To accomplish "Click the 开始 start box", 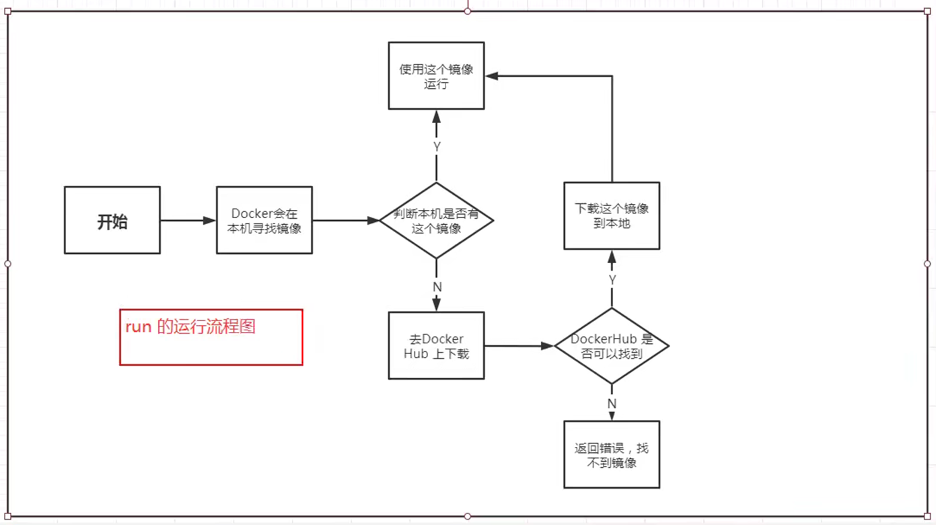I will tap(112, 221).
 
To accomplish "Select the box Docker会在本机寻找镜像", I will tap(264, 221).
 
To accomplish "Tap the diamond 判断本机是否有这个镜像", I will tap(437, 221).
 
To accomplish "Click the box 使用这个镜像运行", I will tap(437, 76).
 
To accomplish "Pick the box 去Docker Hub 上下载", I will tap(437, 346).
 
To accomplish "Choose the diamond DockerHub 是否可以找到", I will tap(612, 346).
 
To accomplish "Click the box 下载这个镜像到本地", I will tap(612, 216).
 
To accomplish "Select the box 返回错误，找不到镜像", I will tap(612, 455).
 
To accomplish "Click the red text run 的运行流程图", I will tap(190, 327).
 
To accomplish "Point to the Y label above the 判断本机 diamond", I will tap(437, 147).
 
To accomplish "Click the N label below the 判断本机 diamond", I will tap(437, 287).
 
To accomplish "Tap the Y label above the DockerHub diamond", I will tap(612, 279).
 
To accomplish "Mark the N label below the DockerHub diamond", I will tap(612, 404).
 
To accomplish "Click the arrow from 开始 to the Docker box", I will tap(188, 221).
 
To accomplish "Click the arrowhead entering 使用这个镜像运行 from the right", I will tap(492, 76).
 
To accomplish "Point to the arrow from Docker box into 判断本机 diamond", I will tap(346, 221).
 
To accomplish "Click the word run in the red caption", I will tap(138, 327).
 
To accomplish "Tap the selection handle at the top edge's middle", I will tap(468, 11).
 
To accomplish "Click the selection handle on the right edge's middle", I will tap(927, 264).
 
